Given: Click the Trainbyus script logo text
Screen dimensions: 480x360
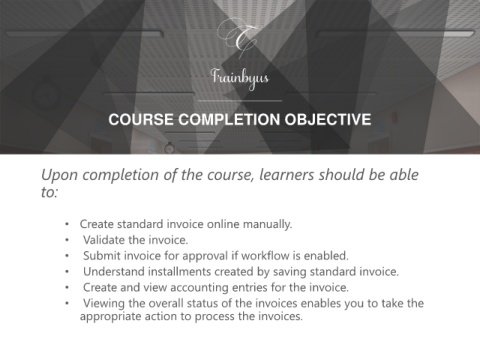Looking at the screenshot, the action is pos(240,78).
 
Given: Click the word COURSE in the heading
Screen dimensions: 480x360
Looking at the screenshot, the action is pos(141,119).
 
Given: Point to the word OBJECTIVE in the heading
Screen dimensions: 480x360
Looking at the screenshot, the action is pos(328,119).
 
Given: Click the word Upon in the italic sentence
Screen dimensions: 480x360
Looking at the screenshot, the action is pos(60,175).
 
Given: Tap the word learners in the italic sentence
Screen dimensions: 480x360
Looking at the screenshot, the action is pos(287,175).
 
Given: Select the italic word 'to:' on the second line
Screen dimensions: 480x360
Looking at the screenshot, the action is pos(50,192).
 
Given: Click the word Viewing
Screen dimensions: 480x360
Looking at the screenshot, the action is pos(104,304).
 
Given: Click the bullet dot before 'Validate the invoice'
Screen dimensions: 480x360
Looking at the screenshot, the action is pos(67,240).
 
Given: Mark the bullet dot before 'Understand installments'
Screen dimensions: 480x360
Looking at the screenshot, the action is pos(67,272).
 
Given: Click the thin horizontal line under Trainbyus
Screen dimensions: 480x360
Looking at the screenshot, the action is pos(240,101).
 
